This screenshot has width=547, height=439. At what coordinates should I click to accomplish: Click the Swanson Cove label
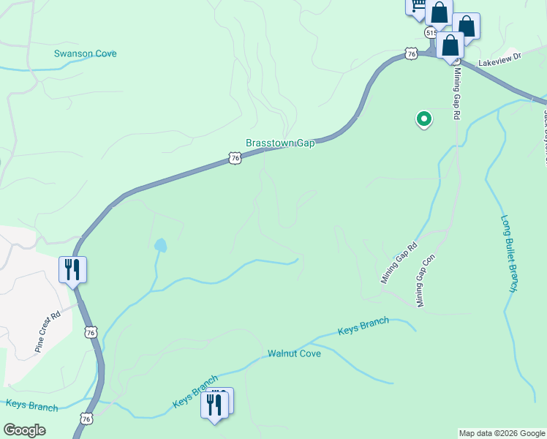[85, 53]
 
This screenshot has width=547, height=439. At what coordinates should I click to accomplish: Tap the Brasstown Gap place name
[280, 143]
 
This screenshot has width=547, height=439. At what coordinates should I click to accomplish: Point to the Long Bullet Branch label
[510, 253]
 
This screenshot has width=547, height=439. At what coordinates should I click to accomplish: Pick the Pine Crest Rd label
[47, 334]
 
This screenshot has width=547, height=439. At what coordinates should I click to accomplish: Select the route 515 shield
[431, 33]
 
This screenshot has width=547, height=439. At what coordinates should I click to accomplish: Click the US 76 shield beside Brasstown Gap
[234, 158]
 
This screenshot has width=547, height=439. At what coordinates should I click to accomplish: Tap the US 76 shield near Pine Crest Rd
[90, 331]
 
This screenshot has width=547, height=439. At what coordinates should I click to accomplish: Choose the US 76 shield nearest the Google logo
[86, 419]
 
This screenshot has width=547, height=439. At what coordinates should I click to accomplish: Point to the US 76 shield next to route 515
[412, 53]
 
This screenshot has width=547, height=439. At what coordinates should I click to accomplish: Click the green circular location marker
[423, 118]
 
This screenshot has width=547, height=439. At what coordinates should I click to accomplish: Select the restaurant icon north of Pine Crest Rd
[72, 269]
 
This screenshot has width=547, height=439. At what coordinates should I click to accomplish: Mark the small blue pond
[159, 245]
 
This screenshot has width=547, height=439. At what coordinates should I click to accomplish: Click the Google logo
[24, 430]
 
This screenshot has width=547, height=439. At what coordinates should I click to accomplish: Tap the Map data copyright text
[502, 433]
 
